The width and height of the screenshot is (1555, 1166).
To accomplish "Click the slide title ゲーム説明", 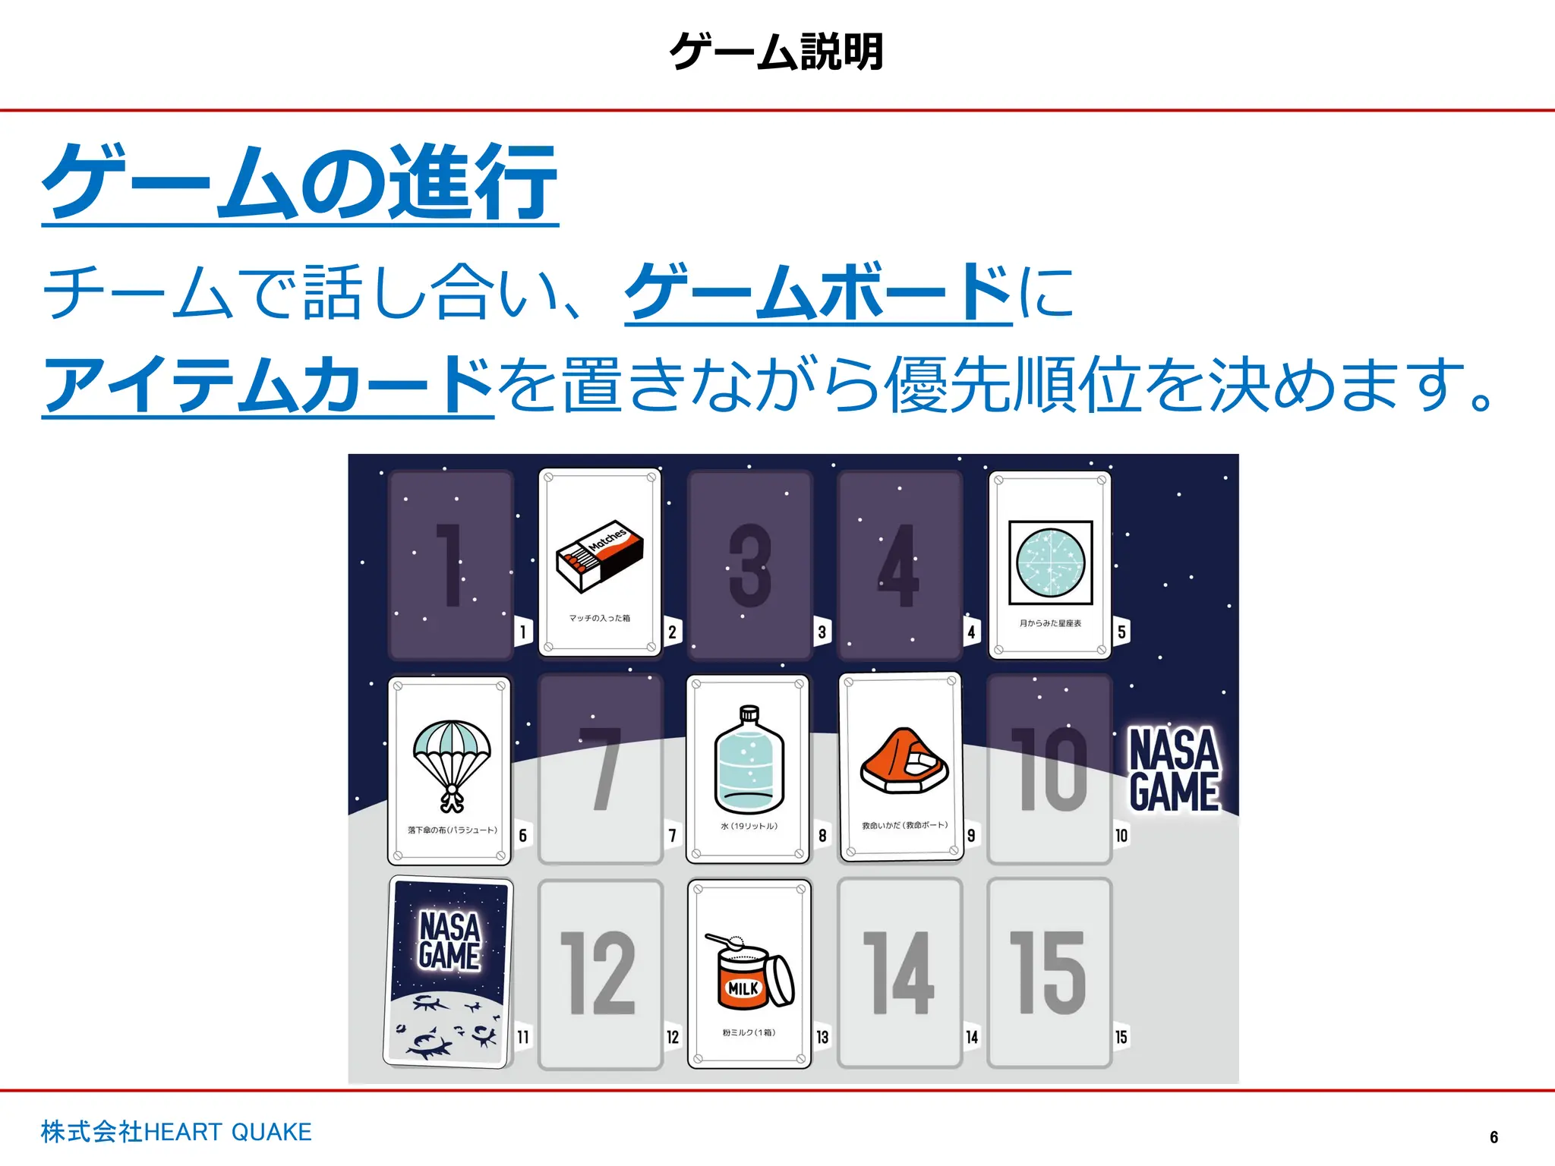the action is (777, 52).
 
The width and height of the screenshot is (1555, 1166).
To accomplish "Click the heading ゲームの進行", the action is (301, 182).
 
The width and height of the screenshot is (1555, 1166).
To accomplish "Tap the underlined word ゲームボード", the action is (819, 291).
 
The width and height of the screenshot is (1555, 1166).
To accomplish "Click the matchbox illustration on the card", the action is (600, 556).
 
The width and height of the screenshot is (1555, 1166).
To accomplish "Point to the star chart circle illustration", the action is (1051, 563).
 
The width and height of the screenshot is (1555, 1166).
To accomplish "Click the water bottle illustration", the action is (749, 760).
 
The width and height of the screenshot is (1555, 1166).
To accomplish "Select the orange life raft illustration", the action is (904, 761).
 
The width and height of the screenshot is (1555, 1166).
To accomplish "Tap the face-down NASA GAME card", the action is (449, 972).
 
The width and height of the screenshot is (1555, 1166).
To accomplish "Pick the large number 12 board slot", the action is (599, 973).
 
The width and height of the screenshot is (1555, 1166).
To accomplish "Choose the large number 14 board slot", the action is (900, 973).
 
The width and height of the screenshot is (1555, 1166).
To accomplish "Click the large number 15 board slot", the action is (1050, 973).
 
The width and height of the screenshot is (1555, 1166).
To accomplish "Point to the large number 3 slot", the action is (750, 566).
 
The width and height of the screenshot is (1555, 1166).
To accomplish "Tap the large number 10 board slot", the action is (1050, 768).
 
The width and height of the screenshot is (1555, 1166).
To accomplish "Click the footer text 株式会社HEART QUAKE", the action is (176, 1132).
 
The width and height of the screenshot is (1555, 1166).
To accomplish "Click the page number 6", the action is (1494, 1137).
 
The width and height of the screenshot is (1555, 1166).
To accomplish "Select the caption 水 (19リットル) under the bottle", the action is (749, 826).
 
